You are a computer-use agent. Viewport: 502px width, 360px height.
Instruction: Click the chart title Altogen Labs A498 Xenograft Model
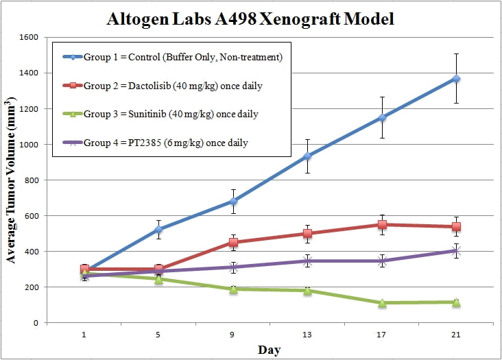coord(251,19)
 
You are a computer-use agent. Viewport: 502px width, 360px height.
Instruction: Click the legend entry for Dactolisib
coord(172,86)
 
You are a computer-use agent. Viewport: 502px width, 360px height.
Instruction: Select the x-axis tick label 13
coord(307,335)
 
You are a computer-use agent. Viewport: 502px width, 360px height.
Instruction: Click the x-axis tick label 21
coord(456,335)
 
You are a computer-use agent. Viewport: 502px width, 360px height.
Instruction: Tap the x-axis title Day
coord(270,350)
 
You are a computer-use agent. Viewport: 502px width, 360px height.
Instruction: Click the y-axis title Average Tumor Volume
coord(11,180)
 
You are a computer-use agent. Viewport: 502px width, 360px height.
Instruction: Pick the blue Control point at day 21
coord(456,79)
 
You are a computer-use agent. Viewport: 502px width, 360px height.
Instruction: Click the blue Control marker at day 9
coord(233,202)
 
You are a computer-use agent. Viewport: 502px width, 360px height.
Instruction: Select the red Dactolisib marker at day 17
coord(382,224)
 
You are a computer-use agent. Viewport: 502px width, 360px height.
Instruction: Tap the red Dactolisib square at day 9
coord(233,242)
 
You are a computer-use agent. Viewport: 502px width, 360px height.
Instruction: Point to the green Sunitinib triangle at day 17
coord(382,302)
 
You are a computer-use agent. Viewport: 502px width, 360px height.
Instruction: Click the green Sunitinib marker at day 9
coord(233,289)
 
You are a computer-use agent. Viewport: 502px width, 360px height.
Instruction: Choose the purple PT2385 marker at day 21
coord(456,251)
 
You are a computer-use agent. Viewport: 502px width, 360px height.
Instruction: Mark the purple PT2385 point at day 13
coord(307,261)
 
